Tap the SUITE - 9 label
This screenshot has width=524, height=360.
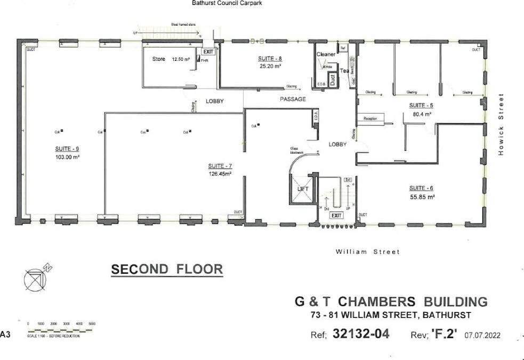coord(67,149)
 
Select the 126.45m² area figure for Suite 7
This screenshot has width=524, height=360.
coord(220,173)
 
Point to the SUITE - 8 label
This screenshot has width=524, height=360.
coord(270,59)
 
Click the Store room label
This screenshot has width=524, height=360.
coord(159,59)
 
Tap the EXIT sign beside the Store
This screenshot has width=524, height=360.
coord(208,52)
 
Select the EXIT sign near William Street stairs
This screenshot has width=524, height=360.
coord(336,215)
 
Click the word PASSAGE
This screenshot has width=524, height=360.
coord(293,99)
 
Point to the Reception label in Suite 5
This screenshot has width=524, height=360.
coord(370,118)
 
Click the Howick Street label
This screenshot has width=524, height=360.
coord(501,124)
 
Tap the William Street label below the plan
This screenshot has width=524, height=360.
coord(367,252)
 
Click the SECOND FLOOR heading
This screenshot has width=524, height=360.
coord(167,269)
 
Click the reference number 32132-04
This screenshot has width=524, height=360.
coord(361,334)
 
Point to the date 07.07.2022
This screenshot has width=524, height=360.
coord(482,335)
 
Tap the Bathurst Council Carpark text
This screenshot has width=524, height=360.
coord(227,3)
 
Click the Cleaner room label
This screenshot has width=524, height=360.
coord(326,54)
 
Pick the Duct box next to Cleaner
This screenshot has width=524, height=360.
coord(332,80)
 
